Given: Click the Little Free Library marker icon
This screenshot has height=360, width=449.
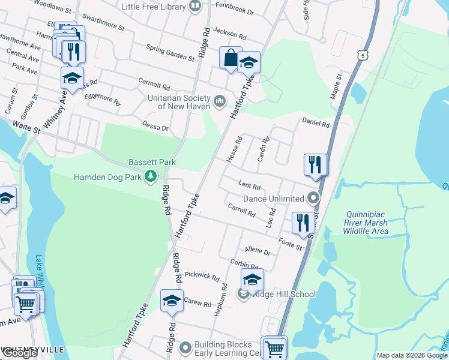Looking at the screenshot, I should pos(194,7).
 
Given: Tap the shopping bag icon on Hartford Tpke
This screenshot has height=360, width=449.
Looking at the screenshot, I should pos(231,58).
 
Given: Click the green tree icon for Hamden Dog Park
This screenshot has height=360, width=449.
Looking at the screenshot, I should pos(153,177).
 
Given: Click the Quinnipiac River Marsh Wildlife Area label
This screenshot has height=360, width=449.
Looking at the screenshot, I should pos(367,223).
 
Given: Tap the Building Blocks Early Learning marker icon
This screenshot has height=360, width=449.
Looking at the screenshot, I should pos(185,347).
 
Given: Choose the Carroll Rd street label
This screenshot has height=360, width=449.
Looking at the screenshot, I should pos(241,211).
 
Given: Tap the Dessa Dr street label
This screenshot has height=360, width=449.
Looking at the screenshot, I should pos(155,127).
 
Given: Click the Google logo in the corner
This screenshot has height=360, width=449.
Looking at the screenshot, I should pos(20,353).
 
